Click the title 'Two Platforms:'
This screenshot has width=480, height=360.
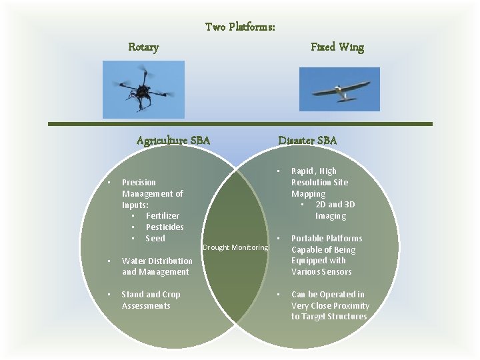pos(240,27)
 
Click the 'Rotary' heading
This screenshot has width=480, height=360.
pos(143,47)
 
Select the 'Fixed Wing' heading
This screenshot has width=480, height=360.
pos(337,47)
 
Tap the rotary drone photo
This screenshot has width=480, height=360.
pos(143,89)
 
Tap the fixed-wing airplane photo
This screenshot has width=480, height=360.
pos(339,89)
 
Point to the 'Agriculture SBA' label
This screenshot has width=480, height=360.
pos(173,141)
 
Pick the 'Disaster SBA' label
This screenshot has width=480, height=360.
pos(307,141)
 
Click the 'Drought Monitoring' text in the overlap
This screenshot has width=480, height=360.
pos(235,248)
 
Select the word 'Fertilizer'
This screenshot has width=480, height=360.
pos(162,216)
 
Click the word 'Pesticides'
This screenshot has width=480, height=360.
pos(165,227)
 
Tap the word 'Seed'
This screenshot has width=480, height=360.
pos(155,239)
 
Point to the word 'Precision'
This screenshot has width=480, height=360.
pos(139,183)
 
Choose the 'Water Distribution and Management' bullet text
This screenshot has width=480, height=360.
pos(157,267)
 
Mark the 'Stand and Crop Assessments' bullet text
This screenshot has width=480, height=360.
pos(151,300)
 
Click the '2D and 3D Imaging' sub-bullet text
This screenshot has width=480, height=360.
pos(335,211)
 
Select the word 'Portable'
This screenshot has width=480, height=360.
pos(309,239)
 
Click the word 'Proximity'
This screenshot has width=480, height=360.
pos(350,306)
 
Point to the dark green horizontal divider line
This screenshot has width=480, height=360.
pos(240,124)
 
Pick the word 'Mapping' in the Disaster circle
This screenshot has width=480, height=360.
pos(308,194)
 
